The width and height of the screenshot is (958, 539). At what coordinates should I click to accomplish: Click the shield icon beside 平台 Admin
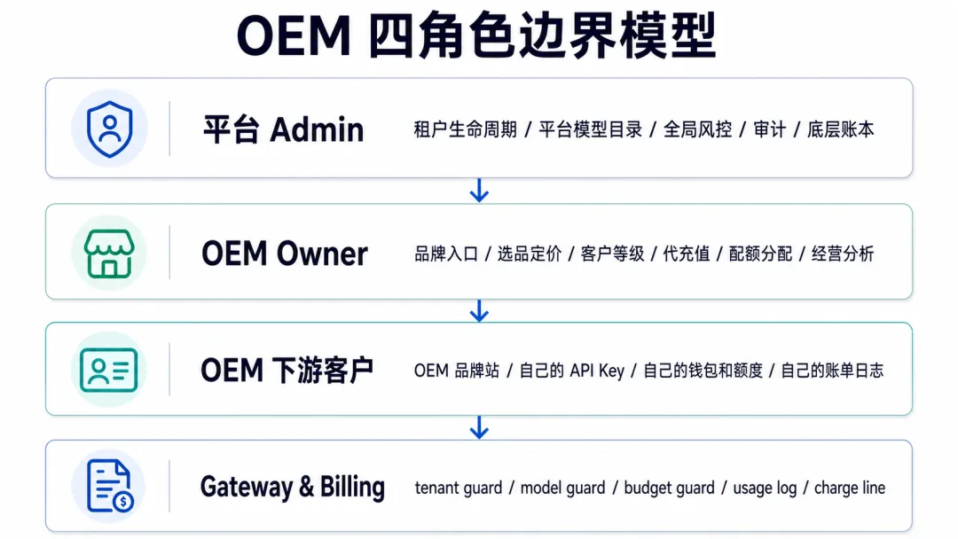[109, 129]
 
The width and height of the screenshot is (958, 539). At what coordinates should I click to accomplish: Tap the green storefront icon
[109, 254]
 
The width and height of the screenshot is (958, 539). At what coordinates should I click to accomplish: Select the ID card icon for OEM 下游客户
[109, 370]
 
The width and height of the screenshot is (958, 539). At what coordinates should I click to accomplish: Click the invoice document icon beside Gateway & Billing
[110, 486]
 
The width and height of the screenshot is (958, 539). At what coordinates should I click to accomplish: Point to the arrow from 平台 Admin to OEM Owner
[479, 191]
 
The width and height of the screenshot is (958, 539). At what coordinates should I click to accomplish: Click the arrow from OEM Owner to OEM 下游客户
[479, 310]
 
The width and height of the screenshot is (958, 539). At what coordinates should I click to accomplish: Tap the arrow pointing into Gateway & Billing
[479, 427]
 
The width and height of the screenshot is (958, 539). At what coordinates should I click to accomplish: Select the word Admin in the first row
[317, 129]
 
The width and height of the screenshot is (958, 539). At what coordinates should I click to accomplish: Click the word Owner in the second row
[322, 254]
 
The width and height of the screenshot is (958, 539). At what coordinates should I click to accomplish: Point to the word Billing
[352, 487]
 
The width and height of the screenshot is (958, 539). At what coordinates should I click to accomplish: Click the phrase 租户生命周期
[466, 129]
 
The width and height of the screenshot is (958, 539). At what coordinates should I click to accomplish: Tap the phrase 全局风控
[698, 129]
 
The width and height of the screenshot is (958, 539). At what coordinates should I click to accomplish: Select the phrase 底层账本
[841, 129]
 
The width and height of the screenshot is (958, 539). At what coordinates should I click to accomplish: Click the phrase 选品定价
[529, 254]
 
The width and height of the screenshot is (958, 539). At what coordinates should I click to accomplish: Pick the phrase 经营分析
[844, 254]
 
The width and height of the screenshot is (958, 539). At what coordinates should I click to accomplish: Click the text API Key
[597, 371]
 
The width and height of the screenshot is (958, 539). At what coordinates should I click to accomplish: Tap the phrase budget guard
[669, 488]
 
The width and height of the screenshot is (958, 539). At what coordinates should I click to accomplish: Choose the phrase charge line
[850, 488]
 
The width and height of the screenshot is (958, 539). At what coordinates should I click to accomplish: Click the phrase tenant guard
[459, 488]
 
